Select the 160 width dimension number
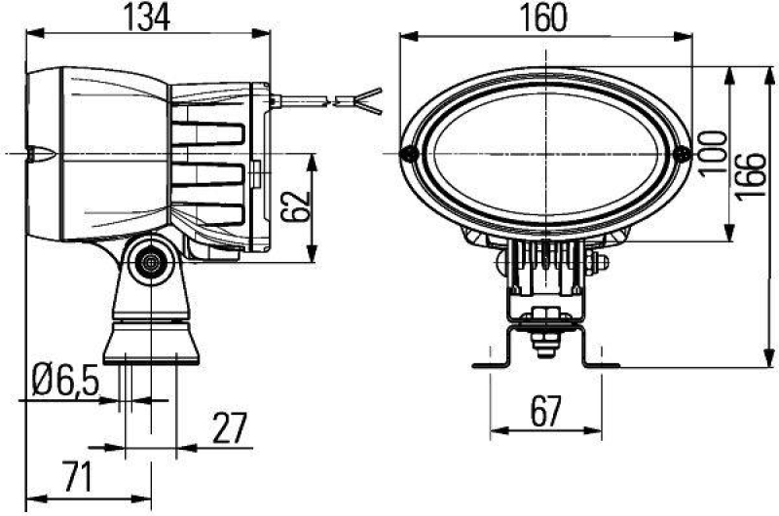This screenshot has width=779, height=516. tap(545, 18)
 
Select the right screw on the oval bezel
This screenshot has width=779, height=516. tap(682, 153)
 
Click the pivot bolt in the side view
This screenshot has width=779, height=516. tap(150, 261)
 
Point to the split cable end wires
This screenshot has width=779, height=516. tap(359, 98)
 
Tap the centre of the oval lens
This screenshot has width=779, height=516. tap(546, 153)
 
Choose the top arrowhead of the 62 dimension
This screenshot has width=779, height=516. tap(313, 159)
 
